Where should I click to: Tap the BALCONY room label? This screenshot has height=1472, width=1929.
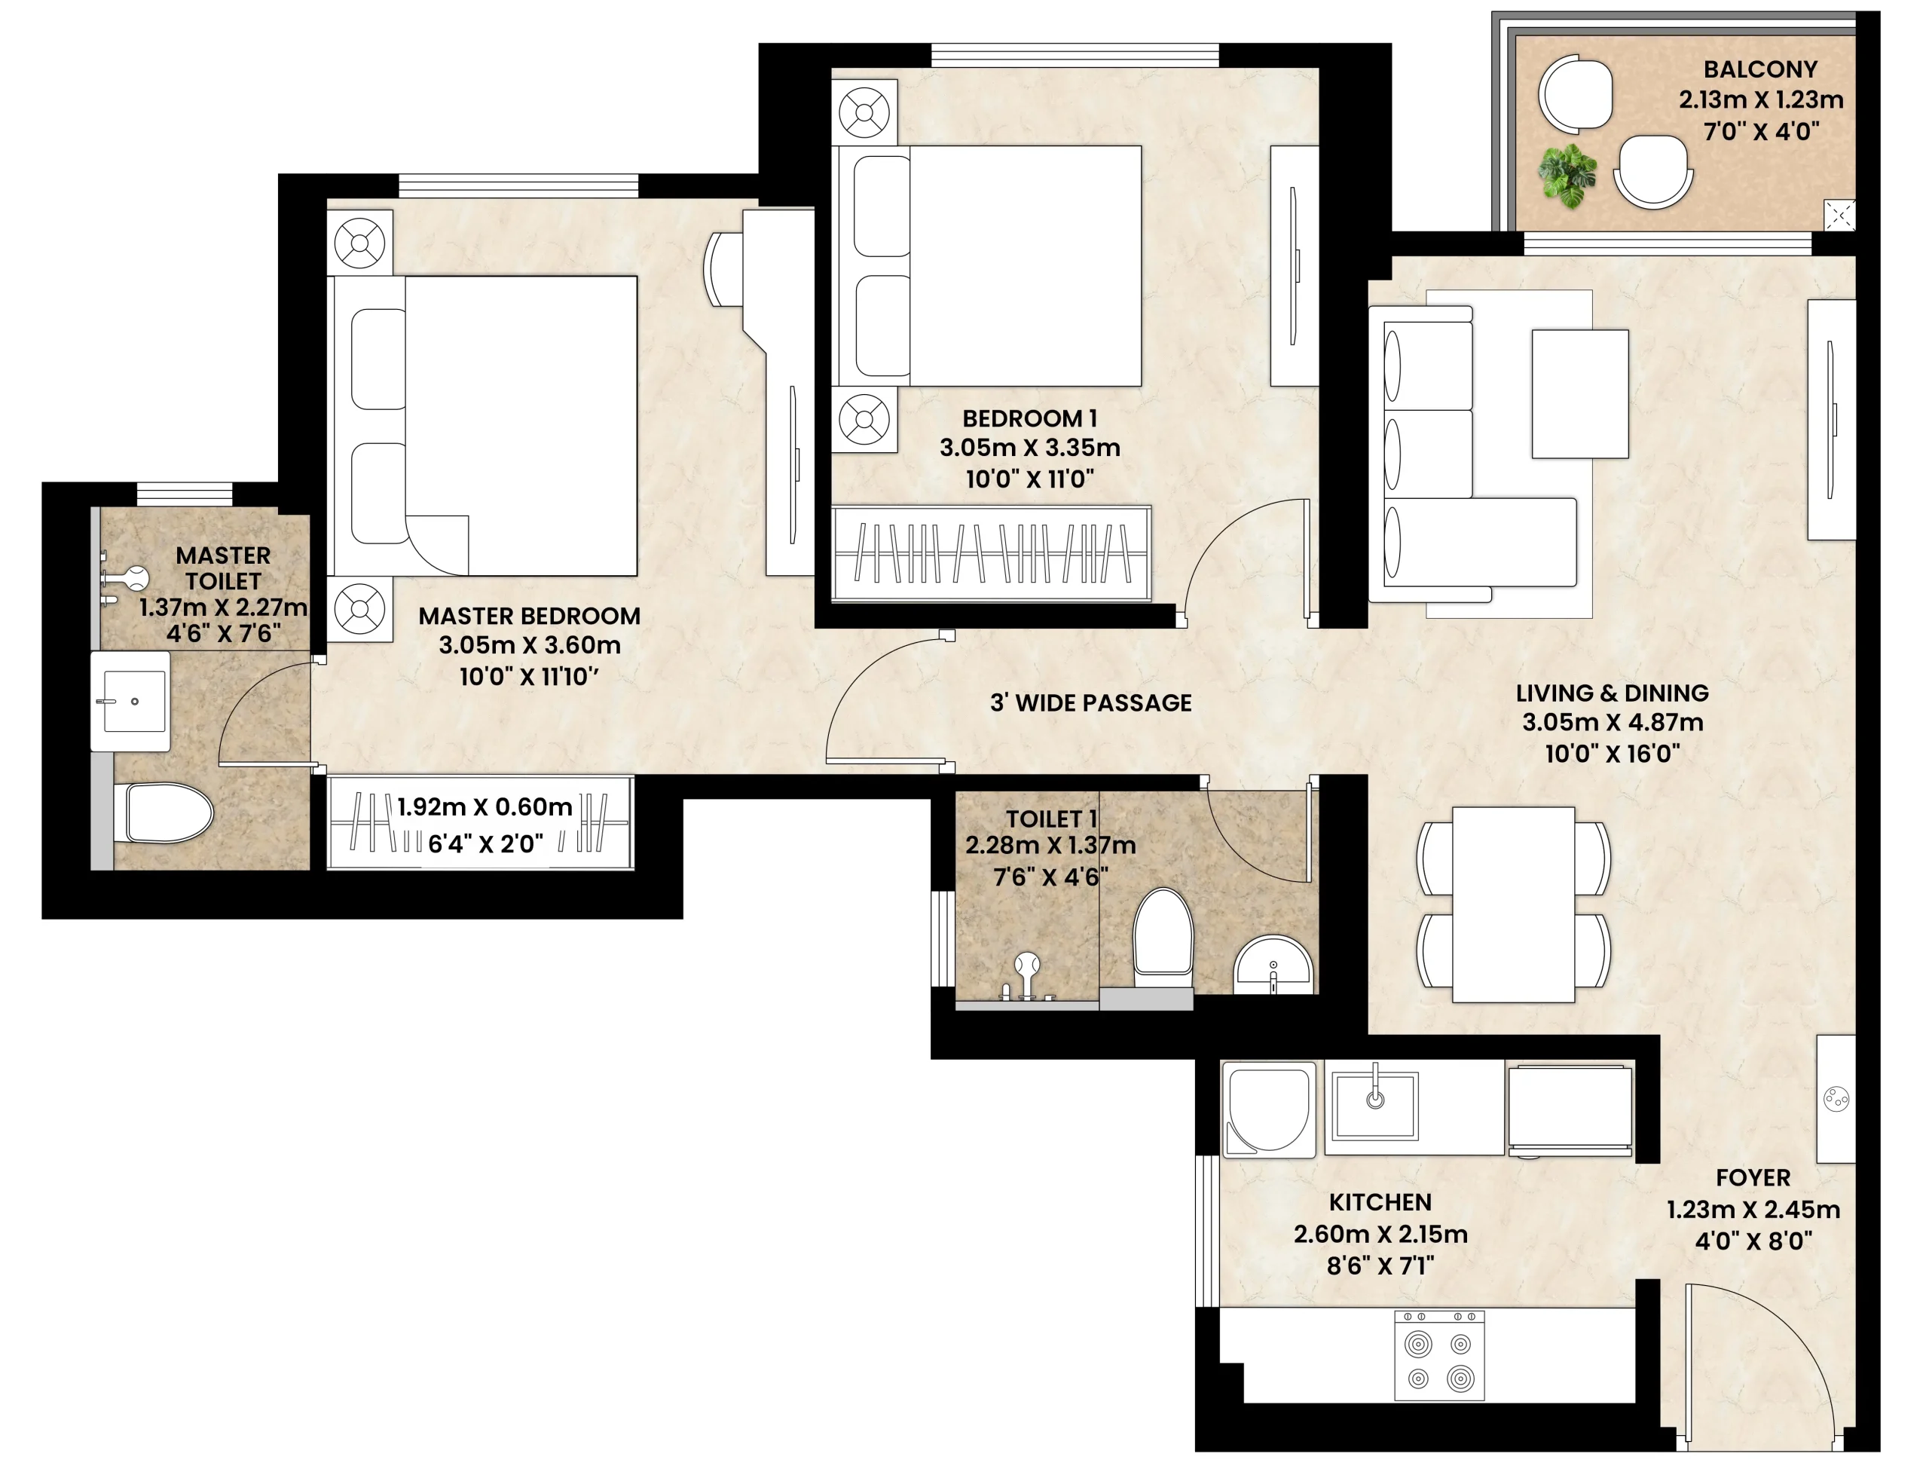click(1760, 69)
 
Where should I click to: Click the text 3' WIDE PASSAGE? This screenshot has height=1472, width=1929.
click(1090, 702)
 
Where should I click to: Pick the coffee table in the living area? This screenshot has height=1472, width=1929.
click(1579, 393)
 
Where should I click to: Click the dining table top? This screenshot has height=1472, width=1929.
click(1513, 904)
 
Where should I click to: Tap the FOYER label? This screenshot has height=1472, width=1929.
click(1753, 1177)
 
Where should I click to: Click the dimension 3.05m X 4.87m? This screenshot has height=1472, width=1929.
click(1612, 723)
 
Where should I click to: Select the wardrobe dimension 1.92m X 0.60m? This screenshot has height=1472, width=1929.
click(485, 807)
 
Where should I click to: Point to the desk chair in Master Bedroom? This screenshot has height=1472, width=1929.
click(723, 268)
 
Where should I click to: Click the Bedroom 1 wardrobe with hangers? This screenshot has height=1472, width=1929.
click(991, 554)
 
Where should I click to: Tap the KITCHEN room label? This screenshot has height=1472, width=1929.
click(1380, 1202)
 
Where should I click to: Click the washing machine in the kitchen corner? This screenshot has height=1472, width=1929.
click(1267, 1111)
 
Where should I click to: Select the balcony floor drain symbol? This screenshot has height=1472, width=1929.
click(1839, 215)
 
